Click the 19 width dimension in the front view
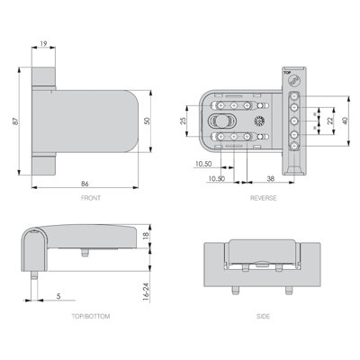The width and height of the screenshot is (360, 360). (43, 41)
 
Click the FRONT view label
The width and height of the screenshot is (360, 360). (90, 197)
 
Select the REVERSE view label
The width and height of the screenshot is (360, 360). (264, 197)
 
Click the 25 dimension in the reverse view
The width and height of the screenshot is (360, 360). (184, 120)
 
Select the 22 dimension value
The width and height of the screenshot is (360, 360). (329, 121)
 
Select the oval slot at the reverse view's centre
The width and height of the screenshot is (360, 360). (218, 121)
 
